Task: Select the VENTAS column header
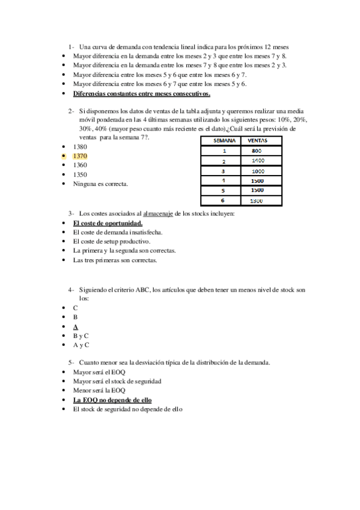point(257,140)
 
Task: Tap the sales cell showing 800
point(257,151)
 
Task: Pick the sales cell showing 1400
point(257,161)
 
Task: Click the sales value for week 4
point(257,180)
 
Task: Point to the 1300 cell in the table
point(257,200)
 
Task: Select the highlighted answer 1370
point(79,156)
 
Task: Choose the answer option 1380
point(79,147)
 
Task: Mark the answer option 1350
point(79,174)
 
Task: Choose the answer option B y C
point(81,336)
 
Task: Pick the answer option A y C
point(81,345)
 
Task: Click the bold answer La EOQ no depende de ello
point(112,400)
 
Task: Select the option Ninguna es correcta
point(100,184)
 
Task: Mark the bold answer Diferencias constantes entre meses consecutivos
point(141,94)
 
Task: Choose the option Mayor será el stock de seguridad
point(117,381)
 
